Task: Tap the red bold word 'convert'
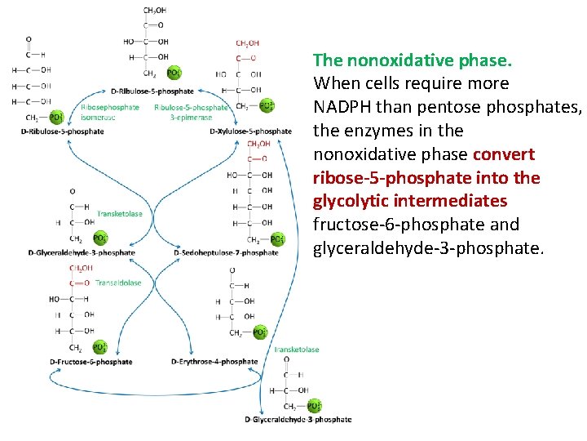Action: [504, 154]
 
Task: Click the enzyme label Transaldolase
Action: [118, 283]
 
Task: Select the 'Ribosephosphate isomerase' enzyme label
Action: [110, 112]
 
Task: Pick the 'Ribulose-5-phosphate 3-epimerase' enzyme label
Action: [191, 112]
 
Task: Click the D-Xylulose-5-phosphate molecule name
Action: [250, 131]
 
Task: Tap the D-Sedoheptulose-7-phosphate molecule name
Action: [226, 253]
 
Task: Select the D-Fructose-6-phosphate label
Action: [90, 362]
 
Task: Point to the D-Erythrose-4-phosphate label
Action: [214, 362]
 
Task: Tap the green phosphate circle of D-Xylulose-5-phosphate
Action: [267, 105]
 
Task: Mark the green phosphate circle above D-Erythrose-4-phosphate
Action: [260, 332]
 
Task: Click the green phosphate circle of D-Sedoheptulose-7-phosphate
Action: [277, 239]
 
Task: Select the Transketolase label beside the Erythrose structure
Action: [298, 350]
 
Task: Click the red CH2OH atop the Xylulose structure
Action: [247, 43]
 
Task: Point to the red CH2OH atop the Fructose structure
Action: [80, 268]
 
